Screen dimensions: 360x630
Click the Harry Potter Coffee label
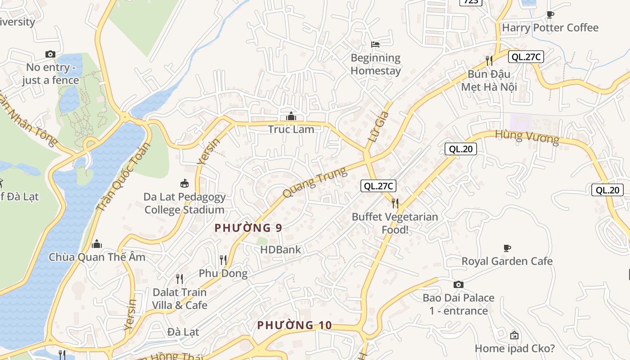pyautogui.click(x=550, y=28)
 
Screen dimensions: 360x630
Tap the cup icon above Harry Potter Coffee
pyautogui.click(x=550, y=14)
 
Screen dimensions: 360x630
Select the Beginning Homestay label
pyautogui.click(x=375, y=64)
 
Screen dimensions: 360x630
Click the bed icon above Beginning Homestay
pyautogui.click(x=375, y=44)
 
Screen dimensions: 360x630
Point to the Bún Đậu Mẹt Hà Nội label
pyautogui.click(x=489, y=80)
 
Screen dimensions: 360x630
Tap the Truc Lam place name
pyautogui.click(x=291, y=129)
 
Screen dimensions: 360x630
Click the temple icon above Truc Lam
pyautogui.click(x=291, y=116)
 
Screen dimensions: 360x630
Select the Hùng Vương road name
pyautogui.click(x=527, y=137)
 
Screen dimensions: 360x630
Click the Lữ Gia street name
pyautogui.click(x=378, y=127)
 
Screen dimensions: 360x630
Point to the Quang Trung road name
pyautogui.click(x=315, y=182)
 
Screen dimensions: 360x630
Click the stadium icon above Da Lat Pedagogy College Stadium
pyautogui.click(x=184, y=183)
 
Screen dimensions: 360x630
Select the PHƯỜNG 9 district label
pyautogui.click(x=248, y=228)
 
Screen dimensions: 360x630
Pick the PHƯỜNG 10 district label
pyautogui.click(x=294, y=325)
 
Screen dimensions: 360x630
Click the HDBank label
pyautogui.click(x=280, y=249)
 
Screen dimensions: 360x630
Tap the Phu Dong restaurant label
pyautogui.click(x=223, y=273)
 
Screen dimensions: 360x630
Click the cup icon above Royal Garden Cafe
pyautogui.click(x=507, y=248)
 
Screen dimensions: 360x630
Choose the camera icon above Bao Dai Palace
pyautogui.click(x=458, y=284)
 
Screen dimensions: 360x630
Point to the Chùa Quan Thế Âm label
pyautogui.click(x=97, y=257)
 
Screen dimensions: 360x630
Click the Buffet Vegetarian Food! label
pyautogui.click(x=395, y=223)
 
